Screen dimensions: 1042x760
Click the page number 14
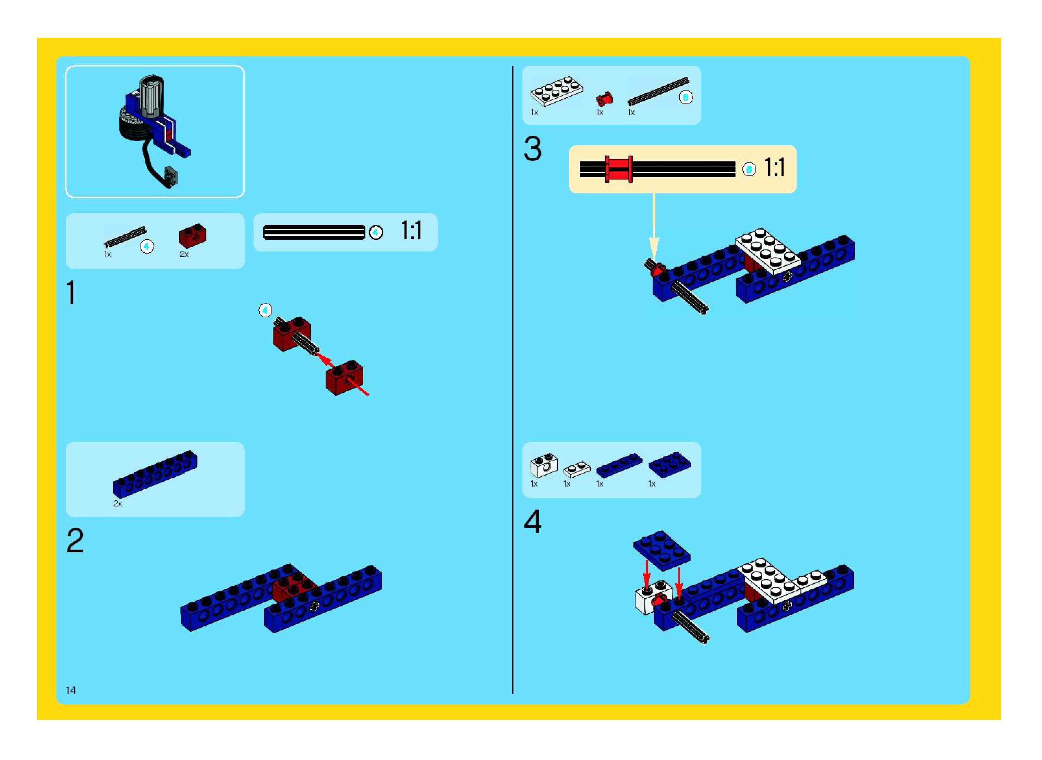pos(71,690)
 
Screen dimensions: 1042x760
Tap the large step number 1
pos(71,293)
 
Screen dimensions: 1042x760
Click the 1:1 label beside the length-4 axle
pos(411,231)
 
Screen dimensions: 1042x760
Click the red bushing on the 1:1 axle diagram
pos(619,169)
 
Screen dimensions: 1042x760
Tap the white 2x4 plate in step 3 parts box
pos(556,91)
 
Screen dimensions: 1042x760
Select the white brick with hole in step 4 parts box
pos(544,466)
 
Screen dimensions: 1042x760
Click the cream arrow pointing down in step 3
pos(654,225)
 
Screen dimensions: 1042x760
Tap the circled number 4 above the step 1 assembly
pos(265,310)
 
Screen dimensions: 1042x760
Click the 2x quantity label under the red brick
pos(184,254)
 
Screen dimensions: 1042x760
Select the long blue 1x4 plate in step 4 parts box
pos(619,465)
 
